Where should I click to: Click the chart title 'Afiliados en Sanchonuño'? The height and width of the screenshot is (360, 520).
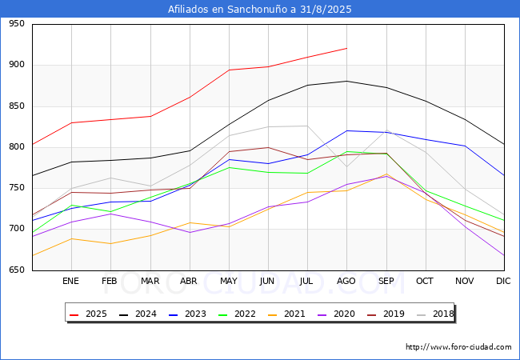[229, 10]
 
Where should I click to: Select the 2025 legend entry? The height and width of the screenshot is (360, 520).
[88, 314]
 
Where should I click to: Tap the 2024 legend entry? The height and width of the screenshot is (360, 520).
[138, 314]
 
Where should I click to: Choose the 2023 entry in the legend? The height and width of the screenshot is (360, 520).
[187, 314]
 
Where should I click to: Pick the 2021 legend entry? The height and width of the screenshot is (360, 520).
[286, 314]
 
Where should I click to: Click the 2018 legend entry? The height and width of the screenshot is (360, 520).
[435, 314]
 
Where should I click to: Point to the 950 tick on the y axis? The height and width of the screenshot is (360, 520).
[17, 23]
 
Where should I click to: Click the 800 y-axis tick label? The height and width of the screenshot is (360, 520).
[17, 146]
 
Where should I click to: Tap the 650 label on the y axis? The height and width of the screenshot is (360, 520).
[17, 270]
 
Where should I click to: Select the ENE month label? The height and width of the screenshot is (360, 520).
[70, 281]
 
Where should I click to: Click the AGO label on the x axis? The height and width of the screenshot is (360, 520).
[346, 281]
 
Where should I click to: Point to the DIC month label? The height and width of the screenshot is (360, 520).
[503, 281]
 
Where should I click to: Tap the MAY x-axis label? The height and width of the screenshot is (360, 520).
[229, 281]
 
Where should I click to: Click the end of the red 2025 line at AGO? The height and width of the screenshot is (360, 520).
[347, 48]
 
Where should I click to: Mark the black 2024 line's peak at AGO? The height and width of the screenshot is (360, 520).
[347, 81]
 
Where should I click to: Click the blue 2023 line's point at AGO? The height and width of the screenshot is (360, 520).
[347, 130]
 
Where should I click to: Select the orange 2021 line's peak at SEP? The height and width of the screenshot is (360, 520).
[386, 174]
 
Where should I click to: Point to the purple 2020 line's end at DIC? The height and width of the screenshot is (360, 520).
[504, 255]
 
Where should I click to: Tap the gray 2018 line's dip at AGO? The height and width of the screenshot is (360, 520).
[347, 166]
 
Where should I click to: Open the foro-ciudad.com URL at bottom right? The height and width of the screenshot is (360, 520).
[458, 347]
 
